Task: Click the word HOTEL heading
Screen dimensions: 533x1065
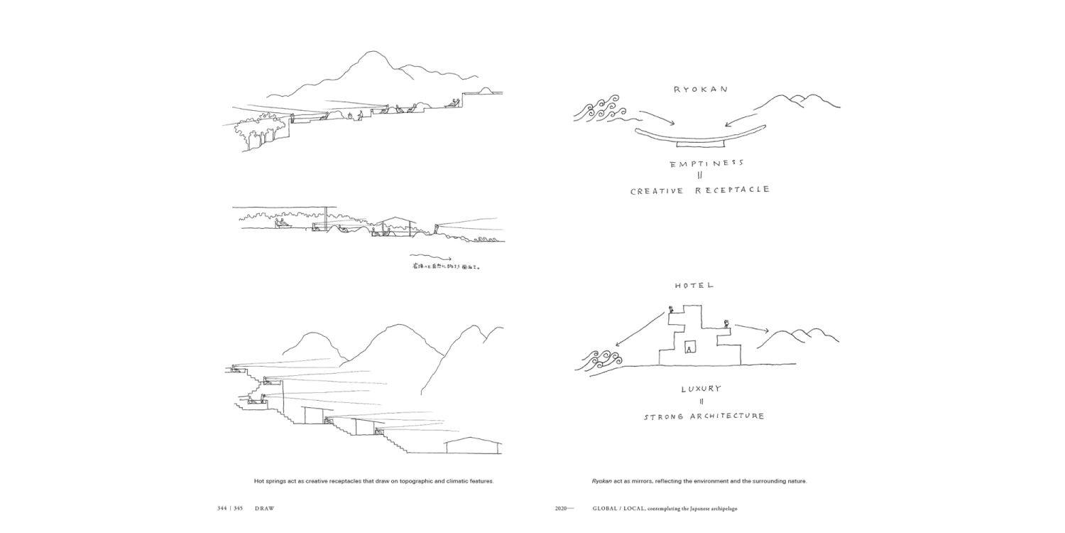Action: tap(694, 286)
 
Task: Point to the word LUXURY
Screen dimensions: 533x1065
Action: tap(701, 389)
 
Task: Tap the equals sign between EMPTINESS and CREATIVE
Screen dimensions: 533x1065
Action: tap(699, 176)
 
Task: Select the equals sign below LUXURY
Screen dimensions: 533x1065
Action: tap(701, 402)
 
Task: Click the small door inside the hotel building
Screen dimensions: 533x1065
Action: tap(689, 348)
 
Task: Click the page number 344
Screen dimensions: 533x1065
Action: tap(223, 508)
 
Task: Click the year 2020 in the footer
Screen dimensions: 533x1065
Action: tap(563, 508)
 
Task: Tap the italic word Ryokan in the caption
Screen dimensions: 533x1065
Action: tap(601, 481)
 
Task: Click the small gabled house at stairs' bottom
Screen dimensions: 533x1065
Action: tap(473, 446)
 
